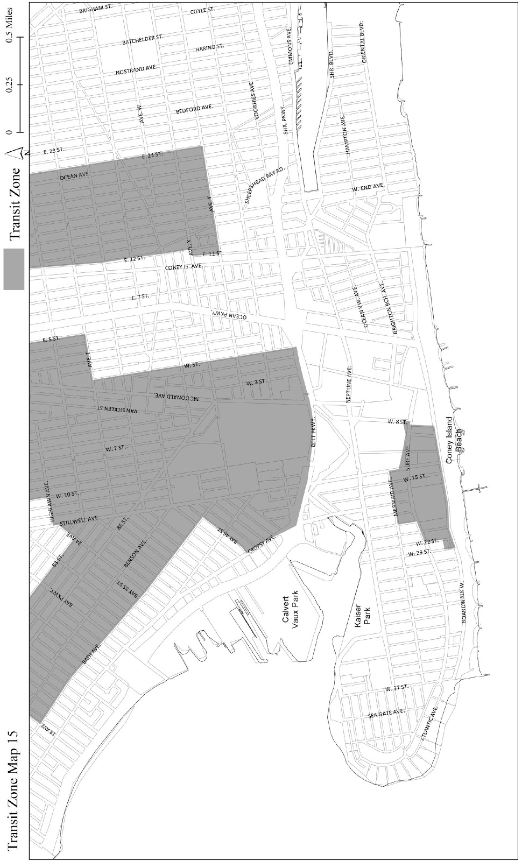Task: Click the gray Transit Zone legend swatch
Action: [14, 269]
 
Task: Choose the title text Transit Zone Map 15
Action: [13, 791]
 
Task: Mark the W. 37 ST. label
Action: [398, 688]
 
